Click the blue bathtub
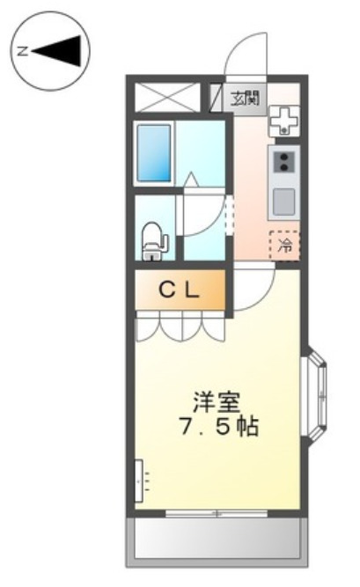pyautogui.click(x=155, y=151)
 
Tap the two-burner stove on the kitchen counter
pyautogui.click(x=284, y=162)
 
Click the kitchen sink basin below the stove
pyautogui.click(x=284, y=202)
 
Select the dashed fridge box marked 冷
pyautogui.click(x=284, y=246)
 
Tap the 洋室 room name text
pyautogui.click(x=212, y=400)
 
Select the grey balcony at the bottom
pyautogui.click(x=218, y=540)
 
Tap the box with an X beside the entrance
pyautogui.click(x=168, y=97)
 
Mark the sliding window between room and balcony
pyautogui.click(x=218, y=512)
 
